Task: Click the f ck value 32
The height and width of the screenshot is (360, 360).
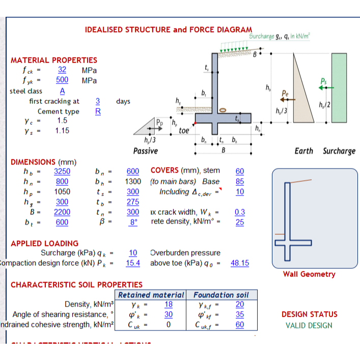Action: pos(62,70)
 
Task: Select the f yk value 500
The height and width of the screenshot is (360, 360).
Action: pos(62,80)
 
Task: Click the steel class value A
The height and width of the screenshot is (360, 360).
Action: pos(62,91)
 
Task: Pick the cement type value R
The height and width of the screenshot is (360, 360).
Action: pos(98,111)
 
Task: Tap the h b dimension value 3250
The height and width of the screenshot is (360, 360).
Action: pos(62,172)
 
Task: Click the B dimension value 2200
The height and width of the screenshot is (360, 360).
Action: pos(62,211)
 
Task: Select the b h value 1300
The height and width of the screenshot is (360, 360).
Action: pos(133,181)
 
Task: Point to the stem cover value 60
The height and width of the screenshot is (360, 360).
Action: pos(240,172)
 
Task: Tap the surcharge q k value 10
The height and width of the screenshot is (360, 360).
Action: pos(133,253)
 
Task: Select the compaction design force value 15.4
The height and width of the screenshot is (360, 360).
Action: pos(133,263)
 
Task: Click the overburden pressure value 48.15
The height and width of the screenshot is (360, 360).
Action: pos(240,263)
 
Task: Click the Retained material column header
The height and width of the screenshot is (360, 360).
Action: pos(151,295)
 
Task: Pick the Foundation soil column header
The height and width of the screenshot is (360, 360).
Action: pos(221,295)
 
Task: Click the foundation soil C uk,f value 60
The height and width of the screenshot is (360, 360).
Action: pos(240,324)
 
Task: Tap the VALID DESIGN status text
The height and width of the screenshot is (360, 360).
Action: pos(309,325)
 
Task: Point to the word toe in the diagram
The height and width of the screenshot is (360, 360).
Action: pos(184,130)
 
